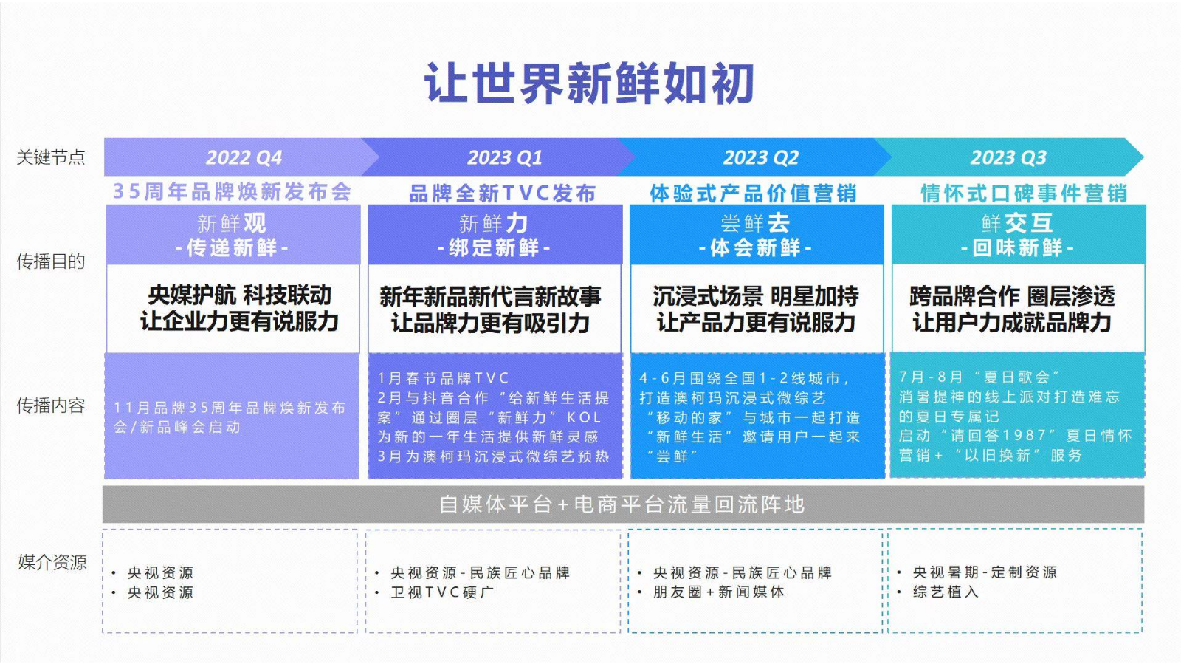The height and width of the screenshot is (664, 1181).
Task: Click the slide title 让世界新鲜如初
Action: pyautogui.click(x=590, y=83)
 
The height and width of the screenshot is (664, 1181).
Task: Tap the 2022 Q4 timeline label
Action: pyautogui.click(x=244, y=158)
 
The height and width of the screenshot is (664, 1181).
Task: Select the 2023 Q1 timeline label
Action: pyautogui.click(x=505, y=158)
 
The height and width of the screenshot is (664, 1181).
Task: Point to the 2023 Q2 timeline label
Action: pyautogui.click(x=761, y=158)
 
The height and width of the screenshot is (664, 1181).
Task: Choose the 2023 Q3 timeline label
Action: pyautogui.click(x=1008, y=158)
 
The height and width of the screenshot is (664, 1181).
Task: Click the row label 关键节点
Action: pyautogui.click(x=51, y=157)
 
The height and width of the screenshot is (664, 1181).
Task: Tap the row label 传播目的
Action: pyautogui.click(x=51, y=261)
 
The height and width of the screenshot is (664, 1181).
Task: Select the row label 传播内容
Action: pyautogui.click(x=51, y=405)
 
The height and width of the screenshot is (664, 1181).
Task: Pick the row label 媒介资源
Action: pyautogui.click(x=52, y=562)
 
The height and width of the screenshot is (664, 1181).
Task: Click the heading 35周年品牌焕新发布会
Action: pyautogui.click(x=232, y=191)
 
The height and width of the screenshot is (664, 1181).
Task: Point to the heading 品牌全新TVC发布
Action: pyautogui.click(x=503, y=194)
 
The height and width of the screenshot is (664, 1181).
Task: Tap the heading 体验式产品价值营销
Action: pyautogui.click(x=753, y=194)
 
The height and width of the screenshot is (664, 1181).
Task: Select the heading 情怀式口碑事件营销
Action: pyautogui.click(x=1024, y=194)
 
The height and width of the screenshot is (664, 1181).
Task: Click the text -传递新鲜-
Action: pyautogui.click(x=232, y=247)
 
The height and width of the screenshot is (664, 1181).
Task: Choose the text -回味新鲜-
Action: pyautogui.click(x=1017, y=247)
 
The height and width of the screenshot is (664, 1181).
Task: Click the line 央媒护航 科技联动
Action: pyautogui.click(x=239, y=295)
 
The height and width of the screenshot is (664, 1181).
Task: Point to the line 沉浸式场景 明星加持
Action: pyautogui.click(x=756, y=296)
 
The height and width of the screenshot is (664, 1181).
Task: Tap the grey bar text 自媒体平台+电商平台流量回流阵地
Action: pyautogui.click(x=622, y=504)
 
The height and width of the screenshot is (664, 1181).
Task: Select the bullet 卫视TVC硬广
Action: pyautogui.click(x=442, y=592)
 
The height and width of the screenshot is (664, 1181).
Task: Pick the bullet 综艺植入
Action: pyautogui.click(x=946, y=592)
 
